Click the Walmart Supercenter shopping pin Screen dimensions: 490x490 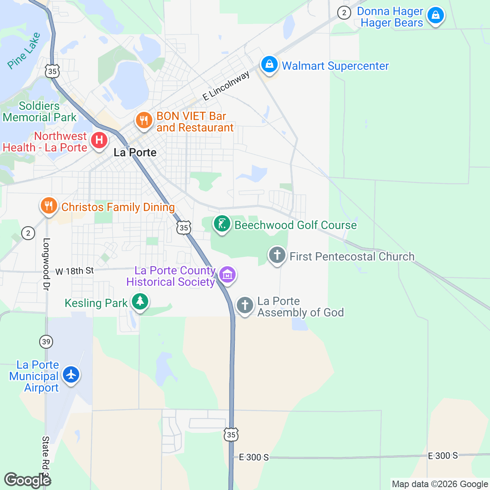click(x=269, y=65)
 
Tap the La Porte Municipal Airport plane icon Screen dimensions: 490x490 click(x=71, y=374)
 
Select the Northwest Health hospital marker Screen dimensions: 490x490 click(x=99, y=140)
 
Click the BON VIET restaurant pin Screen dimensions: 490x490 click(x=144, y=120)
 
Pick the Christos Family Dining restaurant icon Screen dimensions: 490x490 click(x=49, y=206)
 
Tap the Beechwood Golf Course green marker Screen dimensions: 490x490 click(x=222, y=224)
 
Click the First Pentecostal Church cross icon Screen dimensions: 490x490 click(x=277, y=255)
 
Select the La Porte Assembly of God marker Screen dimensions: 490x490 click(x=245, y=305)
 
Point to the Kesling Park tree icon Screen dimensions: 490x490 click(x=140, y=302)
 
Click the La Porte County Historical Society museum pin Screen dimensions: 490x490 click(x=227, y=274)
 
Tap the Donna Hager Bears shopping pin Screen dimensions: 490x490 click(x=435, y=16)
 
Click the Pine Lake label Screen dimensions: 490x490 click(x=24, y=51)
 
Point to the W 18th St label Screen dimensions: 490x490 click(x=74, y=271)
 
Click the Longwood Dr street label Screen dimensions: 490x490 click(x=46, y=265)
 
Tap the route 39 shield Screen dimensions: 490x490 click(x=46, y=341)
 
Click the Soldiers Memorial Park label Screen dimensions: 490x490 click(x=39, y=111)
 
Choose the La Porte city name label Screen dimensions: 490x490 click(x=135, y=153)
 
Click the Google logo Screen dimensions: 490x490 click(x=27, y=480)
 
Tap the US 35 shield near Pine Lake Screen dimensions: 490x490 click(x=52, y=71)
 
